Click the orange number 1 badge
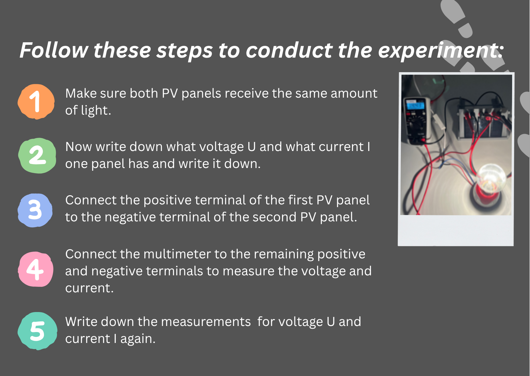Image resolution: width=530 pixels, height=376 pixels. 36,102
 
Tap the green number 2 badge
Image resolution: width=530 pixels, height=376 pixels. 37,156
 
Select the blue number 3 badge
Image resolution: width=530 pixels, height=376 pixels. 35,210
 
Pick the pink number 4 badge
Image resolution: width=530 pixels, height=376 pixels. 36,269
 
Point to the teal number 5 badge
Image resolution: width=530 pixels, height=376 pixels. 38,331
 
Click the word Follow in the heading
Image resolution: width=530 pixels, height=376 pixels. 54,50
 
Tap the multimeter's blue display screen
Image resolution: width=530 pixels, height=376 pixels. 414,106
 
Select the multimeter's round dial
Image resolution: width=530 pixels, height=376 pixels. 414,125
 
